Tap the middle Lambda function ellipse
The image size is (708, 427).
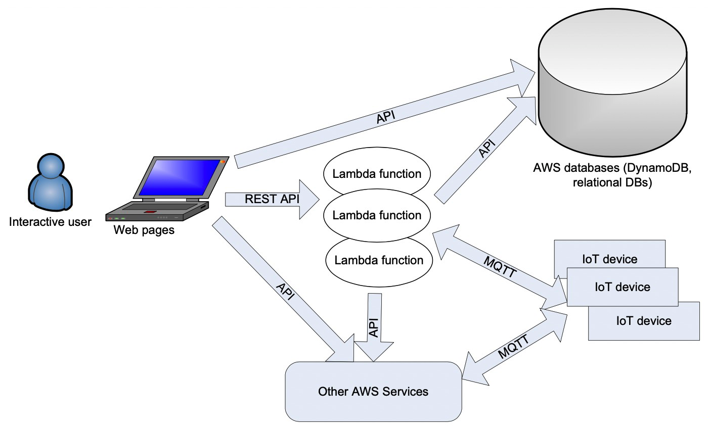coord(377,215)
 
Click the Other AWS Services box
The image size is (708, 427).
coord(373,392)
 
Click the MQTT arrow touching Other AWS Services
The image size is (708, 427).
coord(513,346)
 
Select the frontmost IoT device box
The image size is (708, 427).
coord(622,287)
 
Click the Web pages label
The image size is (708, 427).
coord(144,230)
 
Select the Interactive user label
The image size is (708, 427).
coord(51,222)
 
